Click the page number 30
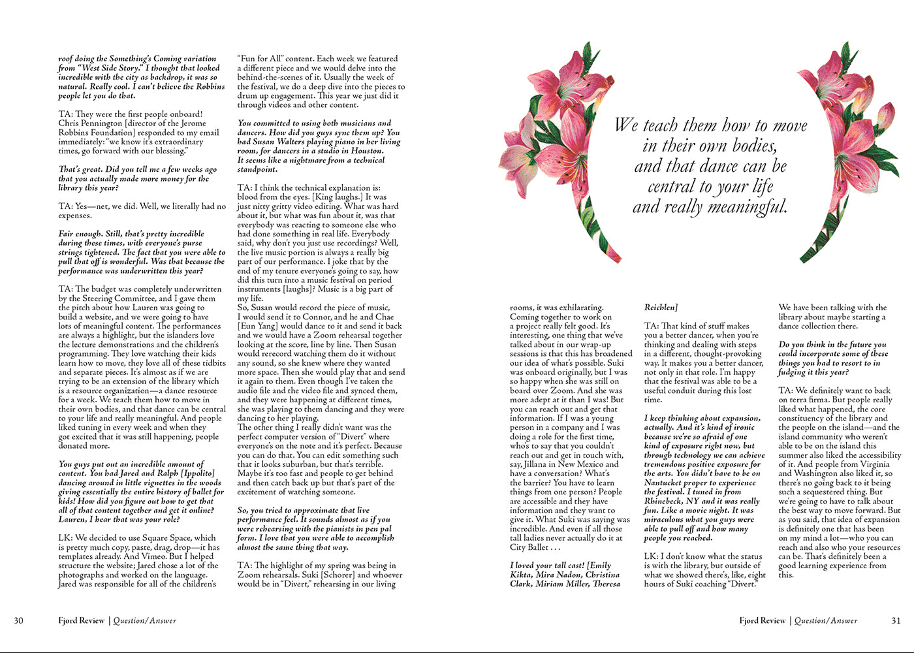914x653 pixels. click(18, 620)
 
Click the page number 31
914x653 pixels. click(896, 620)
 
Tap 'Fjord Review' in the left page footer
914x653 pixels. click(81, 620)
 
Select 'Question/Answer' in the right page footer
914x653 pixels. click(826, 620)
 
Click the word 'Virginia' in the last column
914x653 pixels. click(870, 464)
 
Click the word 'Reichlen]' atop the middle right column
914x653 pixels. click(661, 308)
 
